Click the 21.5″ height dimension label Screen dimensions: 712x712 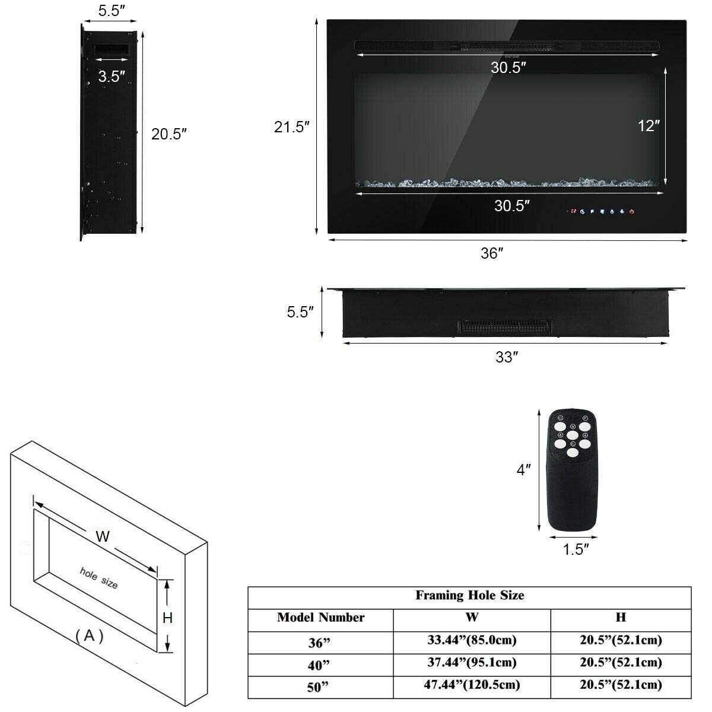pos(291,127)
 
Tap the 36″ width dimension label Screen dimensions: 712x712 pos(492,253)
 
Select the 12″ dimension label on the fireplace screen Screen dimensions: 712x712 pos(649,126)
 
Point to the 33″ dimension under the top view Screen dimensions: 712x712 pos(507,357)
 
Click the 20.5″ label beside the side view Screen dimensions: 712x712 pos(169,134)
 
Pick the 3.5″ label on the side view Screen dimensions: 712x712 pos(112,77)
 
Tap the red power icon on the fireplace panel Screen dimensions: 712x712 pos(632,211)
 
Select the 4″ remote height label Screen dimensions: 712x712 pos(523,469)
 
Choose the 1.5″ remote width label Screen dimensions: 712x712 pos(576,549)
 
